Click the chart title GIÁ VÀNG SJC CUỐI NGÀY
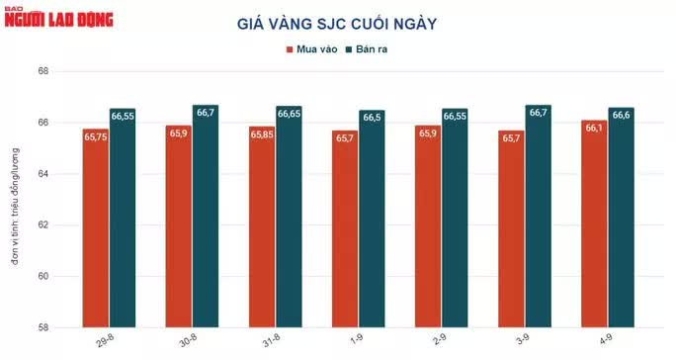(337, 24)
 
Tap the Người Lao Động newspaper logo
(58, 18)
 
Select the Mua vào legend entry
(312, 49)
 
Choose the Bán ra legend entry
(367, 49)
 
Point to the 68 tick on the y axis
(42, 71)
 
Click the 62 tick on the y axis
(42, 225)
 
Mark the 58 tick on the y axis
(42, 327)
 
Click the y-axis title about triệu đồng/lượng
(16, 207)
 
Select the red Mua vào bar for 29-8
(96, 227)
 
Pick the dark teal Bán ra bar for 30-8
(206, 216)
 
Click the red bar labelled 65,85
(262, 226)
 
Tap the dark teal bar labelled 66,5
(372, 219)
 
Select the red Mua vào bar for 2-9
(428, 226)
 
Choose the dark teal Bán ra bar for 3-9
(538, 216)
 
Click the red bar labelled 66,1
(594, 224)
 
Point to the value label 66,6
(622, 115)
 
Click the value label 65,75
(96, 136)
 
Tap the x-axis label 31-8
(271, 340)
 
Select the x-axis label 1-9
(356, 339)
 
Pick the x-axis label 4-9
(605, 339)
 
